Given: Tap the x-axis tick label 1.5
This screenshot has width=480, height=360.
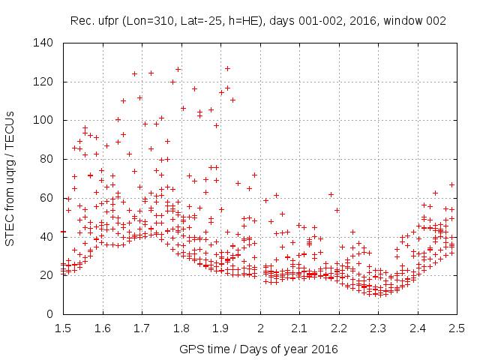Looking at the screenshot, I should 63,328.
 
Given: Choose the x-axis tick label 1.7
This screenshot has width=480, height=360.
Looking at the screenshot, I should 142,328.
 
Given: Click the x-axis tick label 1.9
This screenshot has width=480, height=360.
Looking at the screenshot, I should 220,328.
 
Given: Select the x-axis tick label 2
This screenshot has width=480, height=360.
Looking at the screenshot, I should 260,328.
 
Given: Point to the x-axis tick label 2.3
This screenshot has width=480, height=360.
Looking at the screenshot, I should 378,328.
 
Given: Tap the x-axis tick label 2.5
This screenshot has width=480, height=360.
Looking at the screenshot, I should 457,328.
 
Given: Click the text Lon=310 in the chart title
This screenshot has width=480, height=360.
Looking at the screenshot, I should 148,21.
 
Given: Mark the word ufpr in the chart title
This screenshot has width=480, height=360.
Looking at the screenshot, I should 108,21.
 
